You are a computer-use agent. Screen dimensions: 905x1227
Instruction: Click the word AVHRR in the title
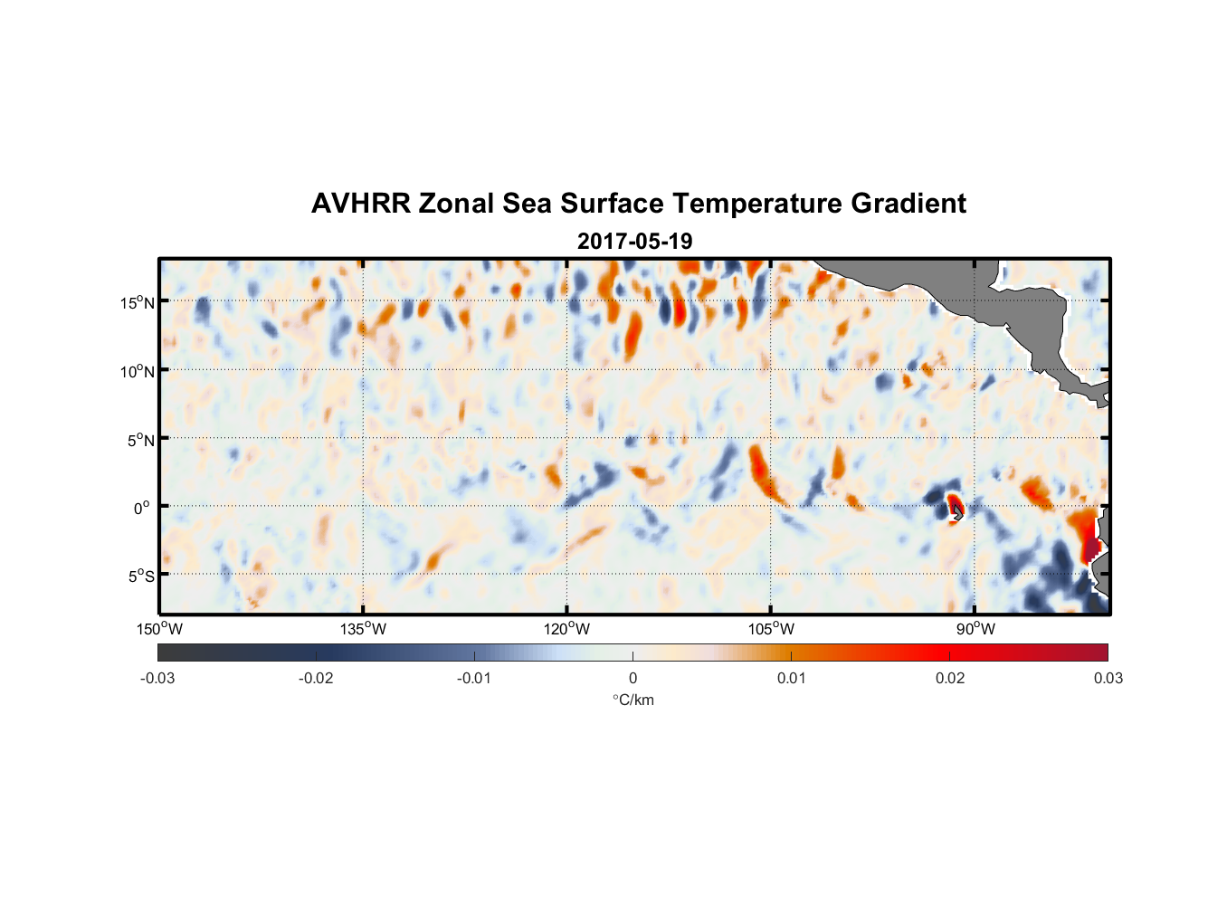click(x=360, y=204)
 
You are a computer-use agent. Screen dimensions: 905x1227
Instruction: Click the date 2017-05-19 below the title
click(x=634, y=242)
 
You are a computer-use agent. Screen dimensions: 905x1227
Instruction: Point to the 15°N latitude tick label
click(x=138, y=302)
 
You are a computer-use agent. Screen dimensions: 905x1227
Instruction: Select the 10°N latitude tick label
click(x=138, y=371)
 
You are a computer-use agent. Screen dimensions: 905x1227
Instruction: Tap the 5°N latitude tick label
click(x=140, y=440)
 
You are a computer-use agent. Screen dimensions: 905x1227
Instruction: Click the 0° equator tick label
click(x=142, y=508)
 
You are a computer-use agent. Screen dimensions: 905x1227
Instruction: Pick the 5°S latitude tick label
click(x=140, y=576)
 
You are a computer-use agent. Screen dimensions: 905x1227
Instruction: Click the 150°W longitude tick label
click(x=159, y=629)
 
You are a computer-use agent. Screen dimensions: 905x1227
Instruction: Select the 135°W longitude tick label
click(x=363, y=629)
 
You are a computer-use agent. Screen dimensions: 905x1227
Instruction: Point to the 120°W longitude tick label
click(x=566, y=629)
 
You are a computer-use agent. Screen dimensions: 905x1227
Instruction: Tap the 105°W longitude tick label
click(x=771, y=629)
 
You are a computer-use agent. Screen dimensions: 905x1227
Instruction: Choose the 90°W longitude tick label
click(x=975, y=629)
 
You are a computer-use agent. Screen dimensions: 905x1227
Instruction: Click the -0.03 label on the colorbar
click(x=157, y=678)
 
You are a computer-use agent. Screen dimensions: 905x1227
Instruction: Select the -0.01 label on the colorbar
click(x=474, y=678)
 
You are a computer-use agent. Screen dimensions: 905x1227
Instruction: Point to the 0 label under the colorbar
click(x=633, y=678)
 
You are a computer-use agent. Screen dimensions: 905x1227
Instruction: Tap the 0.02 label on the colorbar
click(x=950, y=678)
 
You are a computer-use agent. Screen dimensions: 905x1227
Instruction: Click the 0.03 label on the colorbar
click(x=1108, y=678)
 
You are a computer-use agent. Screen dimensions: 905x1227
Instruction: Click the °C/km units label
click(x=633, y=700)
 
